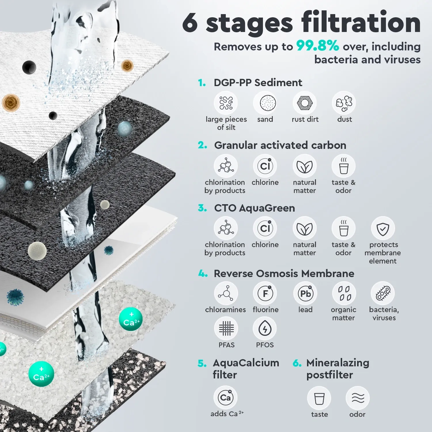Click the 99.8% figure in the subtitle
click(318, 46)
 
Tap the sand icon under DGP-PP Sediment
click(265, 103)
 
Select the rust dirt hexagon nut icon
click(304, 103)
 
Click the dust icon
click(344, 103)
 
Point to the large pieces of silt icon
click(226, 103)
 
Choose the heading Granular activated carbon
click(280, 145)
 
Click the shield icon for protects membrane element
click(383, 228)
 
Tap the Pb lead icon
click(305, 293)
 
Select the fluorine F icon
click(265, 293)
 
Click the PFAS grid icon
click(226, 328)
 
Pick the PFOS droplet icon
click(265, 328)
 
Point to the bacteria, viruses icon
click(383, 293)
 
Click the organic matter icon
click(344, 293)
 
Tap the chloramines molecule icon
click(226, 293)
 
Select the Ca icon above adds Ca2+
click(226, 397)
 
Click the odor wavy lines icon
click(358, 398)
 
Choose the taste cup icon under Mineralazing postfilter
click(319, 398)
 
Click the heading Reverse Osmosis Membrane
click(284, 273)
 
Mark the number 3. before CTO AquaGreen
click(202, 208)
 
